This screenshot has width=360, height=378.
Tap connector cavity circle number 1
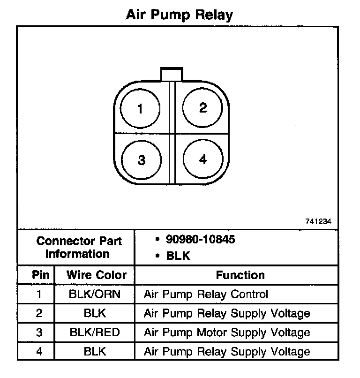pyautogui.click(x=140, y=109)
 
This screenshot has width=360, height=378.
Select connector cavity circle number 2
pyautogui.click(x=202, y=108)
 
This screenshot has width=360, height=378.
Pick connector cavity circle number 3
pyautogui.click(x=141, y=160)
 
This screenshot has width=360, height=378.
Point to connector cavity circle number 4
pyautogui.click(x=202, y=159)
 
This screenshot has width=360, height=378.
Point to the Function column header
pyautogui.click(x=240, y=275)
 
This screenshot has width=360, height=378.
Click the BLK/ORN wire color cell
pyautogui.click(x=95, y=295)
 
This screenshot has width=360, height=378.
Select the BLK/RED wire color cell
pyautogui.click(x=95, y=333)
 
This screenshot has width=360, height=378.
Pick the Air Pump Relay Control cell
pyautogui.click(x=206, y=295)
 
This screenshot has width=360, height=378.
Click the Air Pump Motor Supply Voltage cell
pyautogui.click(x=226, y=333)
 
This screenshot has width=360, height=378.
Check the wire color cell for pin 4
pyautogui.click(x=95, y=351)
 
